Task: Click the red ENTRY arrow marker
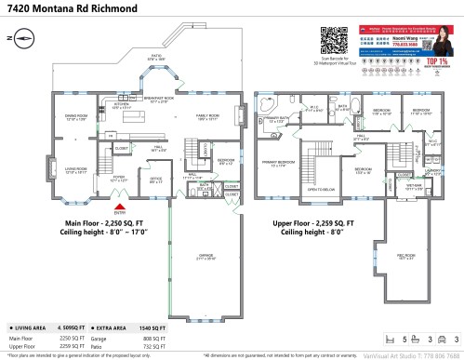pos(118,208)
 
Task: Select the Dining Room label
pos(75,117)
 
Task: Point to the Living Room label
pos(75,170)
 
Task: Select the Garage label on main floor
pos(207,257)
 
